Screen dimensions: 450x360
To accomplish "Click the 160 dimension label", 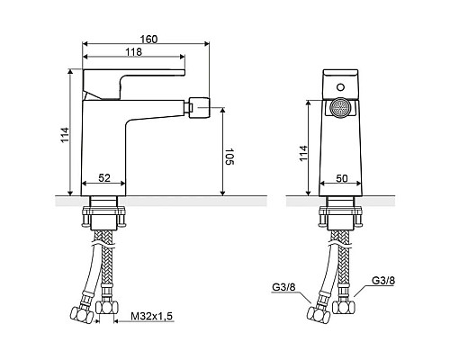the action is click(x=148, y=39).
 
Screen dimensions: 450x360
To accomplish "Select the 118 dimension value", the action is click(x=133, y=52).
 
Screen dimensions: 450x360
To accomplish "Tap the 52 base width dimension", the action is click(x=104, y=178).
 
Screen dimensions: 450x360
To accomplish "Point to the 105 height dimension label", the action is click(x=229, y=157).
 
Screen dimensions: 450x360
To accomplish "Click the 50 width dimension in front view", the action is click(x=341, y=178).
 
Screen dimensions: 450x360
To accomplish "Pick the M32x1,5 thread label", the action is click(x=152, y=316).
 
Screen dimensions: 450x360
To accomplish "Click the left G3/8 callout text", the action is click(x=283, y=287).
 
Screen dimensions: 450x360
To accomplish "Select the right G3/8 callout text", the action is click(x=383, y=281).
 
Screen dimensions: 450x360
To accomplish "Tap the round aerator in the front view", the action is click(x=340, y=108).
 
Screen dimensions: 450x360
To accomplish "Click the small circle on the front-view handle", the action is click(x=340, y=87).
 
